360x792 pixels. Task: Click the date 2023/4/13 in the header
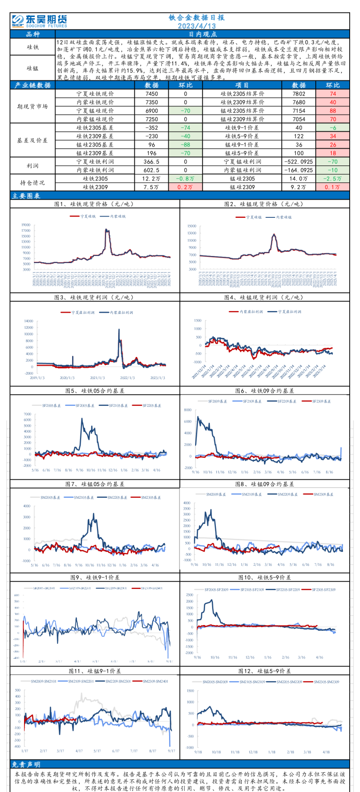click(197, 25)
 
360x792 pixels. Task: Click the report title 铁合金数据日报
click(197, 17)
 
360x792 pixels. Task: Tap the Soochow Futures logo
click(40, 21)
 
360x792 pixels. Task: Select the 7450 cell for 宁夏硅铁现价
click(152, 94)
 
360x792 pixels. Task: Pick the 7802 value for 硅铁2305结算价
click(299, 94)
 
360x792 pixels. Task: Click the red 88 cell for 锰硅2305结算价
click(333, 111)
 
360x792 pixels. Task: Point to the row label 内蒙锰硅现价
click(95, 119)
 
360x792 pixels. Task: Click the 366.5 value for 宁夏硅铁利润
click(152, 162)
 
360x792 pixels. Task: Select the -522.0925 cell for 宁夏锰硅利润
click(299, 162)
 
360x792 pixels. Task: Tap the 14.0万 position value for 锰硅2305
click(299, 179)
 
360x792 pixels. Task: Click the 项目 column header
click(242, 85)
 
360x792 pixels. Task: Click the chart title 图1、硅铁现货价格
click(94, 204)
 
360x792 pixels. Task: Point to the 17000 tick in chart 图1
click(25, 225)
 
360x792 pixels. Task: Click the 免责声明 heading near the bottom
click(26, 765)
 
